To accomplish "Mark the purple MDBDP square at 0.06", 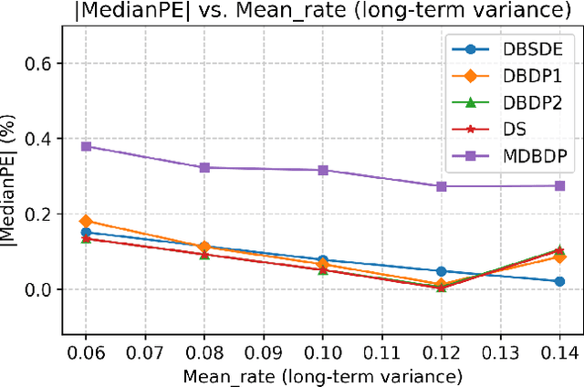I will tap(86, 146).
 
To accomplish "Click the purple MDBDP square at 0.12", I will tap(442, 186).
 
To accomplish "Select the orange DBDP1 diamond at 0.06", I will tap(86, 221).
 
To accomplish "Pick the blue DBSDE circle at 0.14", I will tap(560, 281).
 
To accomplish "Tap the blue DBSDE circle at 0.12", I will tap(442, 271).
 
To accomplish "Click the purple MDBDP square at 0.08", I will tap(204, 168).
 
